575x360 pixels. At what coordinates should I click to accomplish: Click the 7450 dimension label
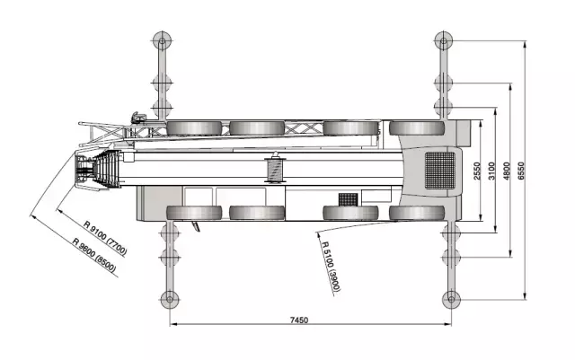(299, 320)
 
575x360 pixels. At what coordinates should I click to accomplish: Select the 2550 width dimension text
(477, 171)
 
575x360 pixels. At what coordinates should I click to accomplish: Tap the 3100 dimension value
(491, 171)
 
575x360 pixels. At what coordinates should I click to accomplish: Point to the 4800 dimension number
(507, 171)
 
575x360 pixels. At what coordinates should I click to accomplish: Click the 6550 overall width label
(521, 171)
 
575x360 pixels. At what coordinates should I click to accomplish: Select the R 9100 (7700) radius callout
(105, 238)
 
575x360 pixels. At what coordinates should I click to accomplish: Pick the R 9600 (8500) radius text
(94, 256)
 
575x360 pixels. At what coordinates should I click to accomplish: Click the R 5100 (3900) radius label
(332, 267)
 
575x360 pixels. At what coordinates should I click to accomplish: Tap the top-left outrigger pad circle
(162, 40)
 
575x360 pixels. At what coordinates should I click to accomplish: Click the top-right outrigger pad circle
(444, 40)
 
